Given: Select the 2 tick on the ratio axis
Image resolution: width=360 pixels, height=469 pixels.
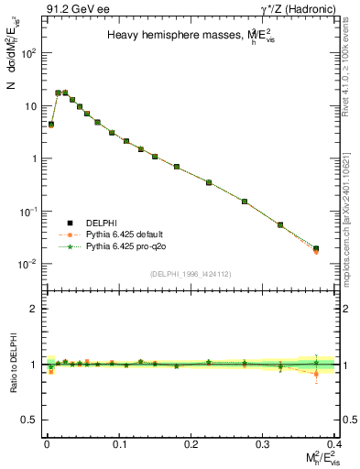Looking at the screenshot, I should click(34, 309).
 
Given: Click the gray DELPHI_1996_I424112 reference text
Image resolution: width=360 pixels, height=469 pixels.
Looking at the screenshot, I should click(191, 273).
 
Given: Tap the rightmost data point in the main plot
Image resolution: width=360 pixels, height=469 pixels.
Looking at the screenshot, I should click(316, 248).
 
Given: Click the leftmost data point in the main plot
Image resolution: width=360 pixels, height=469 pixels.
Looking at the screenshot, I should click(50, 124).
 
